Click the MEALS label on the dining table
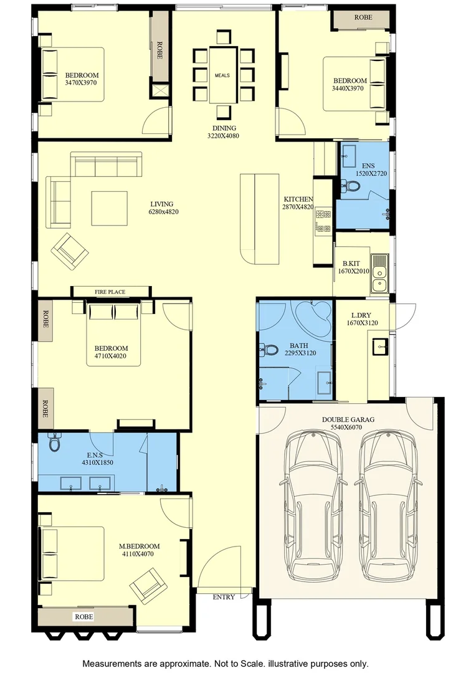[222, 75]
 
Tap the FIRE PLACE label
[110, 292]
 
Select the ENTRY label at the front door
[224, 597]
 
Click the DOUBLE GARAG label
[348, 419]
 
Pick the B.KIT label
[351, 264]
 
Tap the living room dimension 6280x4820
[163, 212]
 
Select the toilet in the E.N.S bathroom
[54, 442]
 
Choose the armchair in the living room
[70, 252]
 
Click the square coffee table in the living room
[110, 208]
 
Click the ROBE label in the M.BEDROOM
[83, 617]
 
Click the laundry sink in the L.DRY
[380, 346]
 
